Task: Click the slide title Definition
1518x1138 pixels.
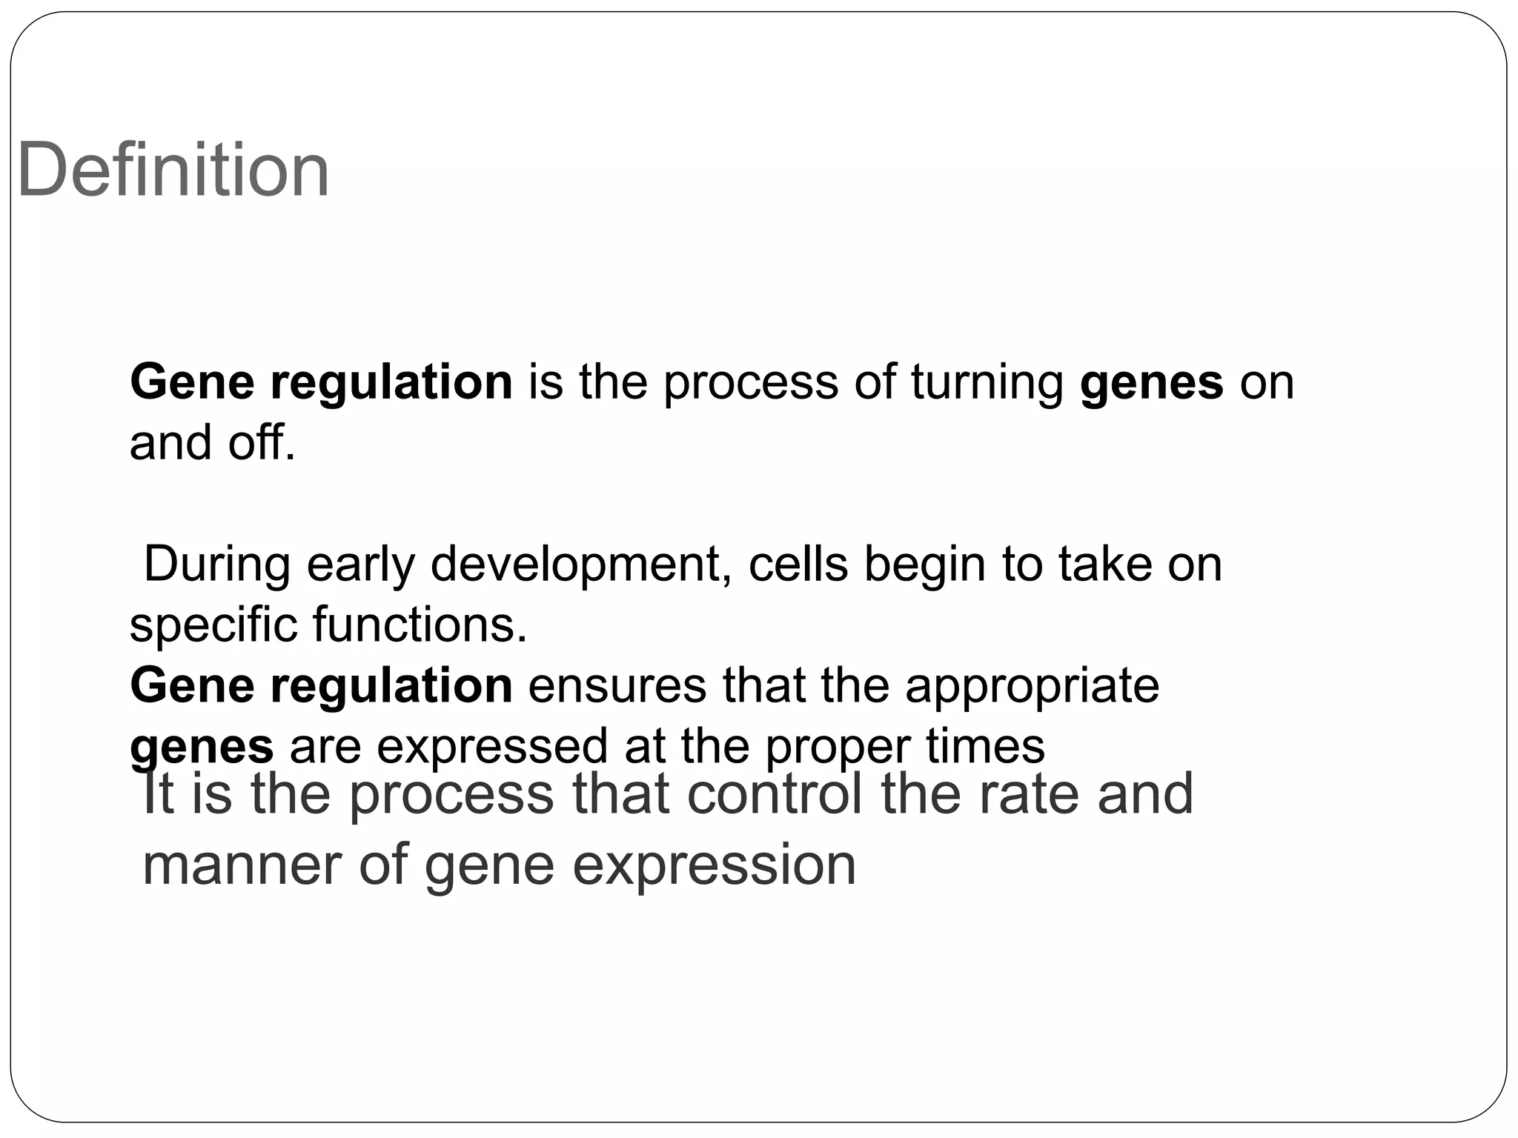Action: (173, 170)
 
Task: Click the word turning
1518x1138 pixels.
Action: (987, 383)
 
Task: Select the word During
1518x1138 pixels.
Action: (216, 564)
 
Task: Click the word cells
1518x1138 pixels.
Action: (798, 564)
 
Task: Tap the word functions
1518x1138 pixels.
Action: (420, 625)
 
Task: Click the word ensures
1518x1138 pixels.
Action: (617, 685)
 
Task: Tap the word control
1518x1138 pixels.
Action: (775, 793)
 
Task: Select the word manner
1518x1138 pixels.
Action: (242, 865)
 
